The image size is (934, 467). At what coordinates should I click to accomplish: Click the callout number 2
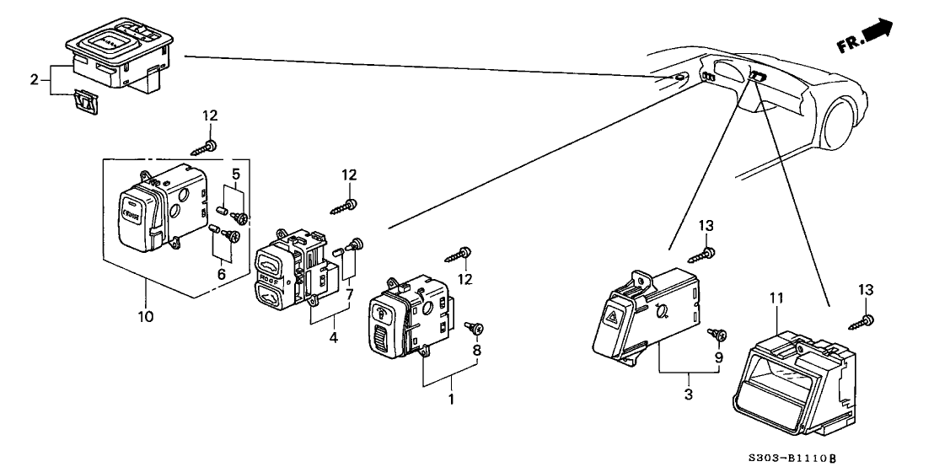tap(34, 80)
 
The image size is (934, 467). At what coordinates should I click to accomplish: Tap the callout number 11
tap(776, 297)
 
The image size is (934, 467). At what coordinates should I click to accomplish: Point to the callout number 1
tap(451, 398)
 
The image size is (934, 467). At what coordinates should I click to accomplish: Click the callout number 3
tap(688, 394)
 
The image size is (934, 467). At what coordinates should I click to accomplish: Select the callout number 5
tap(237, 174)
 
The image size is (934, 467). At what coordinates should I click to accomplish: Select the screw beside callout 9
tap(718, 335)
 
